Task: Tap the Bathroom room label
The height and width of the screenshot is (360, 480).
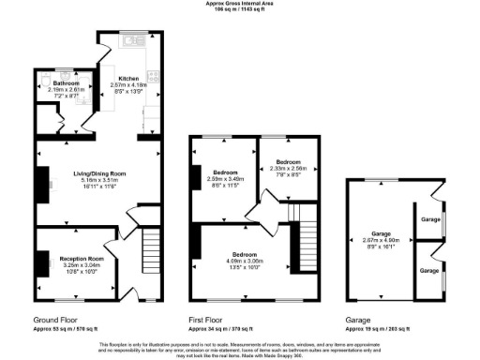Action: [x=55, y=83]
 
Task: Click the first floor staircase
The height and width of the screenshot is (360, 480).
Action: [x=303, y=241]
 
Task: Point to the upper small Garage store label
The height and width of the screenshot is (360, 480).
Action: [x=430, y=218]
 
